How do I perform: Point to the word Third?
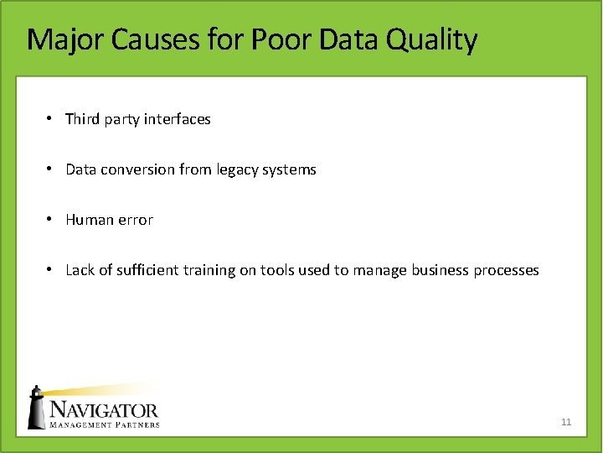point(82,119)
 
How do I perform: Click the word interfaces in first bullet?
point(177,119)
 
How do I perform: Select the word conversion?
point(137,169)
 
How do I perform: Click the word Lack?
point(80,270)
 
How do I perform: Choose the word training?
point(222,270)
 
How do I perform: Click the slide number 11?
point(566,422)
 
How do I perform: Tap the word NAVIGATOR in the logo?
point(103,410)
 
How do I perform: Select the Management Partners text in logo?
point(103,424)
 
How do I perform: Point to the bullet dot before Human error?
point(50,220)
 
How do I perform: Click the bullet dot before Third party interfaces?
point(50,119)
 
